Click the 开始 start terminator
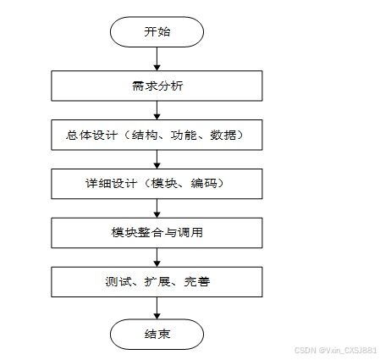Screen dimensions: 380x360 click(x=157, y=31)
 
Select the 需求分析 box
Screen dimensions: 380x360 click(x=157, y=86)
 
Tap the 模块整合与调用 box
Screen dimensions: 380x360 click(x=157, y=233)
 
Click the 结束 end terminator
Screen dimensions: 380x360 click(x=157, y=335)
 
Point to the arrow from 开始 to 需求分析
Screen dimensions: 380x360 click(x=157, y=58)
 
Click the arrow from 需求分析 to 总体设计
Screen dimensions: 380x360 click(x=157, y=110)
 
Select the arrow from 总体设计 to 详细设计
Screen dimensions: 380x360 click(x=157, y=159)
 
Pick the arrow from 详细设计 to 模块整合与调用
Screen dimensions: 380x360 click(x=157, y=208)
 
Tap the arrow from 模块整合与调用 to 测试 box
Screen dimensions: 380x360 click(x=157, y=258)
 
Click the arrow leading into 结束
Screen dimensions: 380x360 click(x=157, y=308)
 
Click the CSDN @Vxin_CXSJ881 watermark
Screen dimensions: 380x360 click(x=336, y=351)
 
